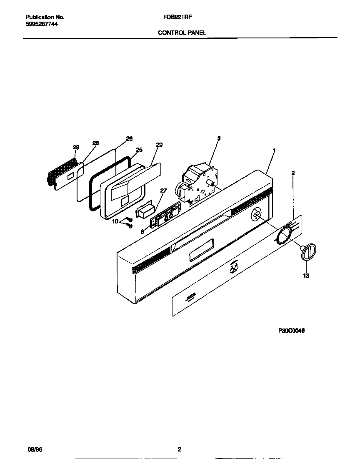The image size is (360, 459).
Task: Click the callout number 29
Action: pos(75,147)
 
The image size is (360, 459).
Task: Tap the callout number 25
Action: pos(139,150)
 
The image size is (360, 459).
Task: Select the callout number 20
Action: pos(159,145)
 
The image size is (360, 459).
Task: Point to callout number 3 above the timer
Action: pos(219,138)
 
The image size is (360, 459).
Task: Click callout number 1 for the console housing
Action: pos(274,150)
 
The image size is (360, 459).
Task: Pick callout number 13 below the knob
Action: pos(306,276)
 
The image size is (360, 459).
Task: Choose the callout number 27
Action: pos(163,191)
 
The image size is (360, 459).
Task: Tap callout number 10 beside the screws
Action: pos(115,221)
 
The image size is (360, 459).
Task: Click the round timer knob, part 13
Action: pos(308,253)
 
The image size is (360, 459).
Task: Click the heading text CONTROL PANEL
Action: pos(182,32)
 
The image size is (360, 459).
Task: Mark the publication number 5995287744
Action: pos(42,25)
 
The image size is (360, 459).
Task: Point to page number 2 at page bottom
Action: pos(179,449)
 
